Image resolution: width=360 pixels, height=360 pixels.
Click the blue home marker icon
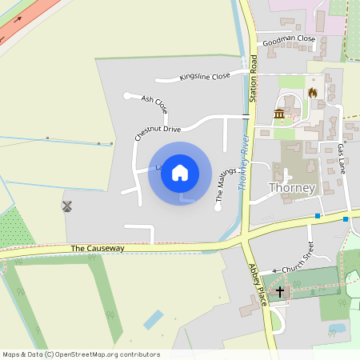point(180,173)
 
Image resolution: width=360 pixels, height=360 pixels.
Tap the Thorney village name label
point(293,189)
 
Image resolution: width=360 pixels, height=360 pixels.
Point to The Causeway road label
point(98,249)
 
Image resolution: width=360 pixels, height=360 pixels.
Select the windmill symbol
point(67,206)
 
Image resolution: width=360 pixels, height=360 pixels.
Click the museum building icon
point(279,114)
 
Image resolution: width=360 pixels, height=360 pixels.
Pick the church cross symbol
point(280,292)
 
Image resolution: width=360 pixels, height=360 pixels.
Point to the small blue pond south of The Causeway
point(153,319)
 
